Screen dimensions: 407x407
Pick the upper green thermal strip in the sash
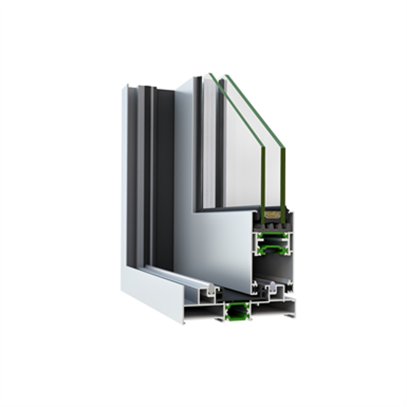pos(271,237)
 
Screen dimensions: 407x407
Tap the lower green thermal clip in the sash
pos(272,247)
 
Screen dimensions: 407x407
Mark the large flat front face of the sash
pos(217,241)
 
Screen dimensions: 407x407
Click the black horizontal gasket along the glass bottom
pos(229,209)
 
